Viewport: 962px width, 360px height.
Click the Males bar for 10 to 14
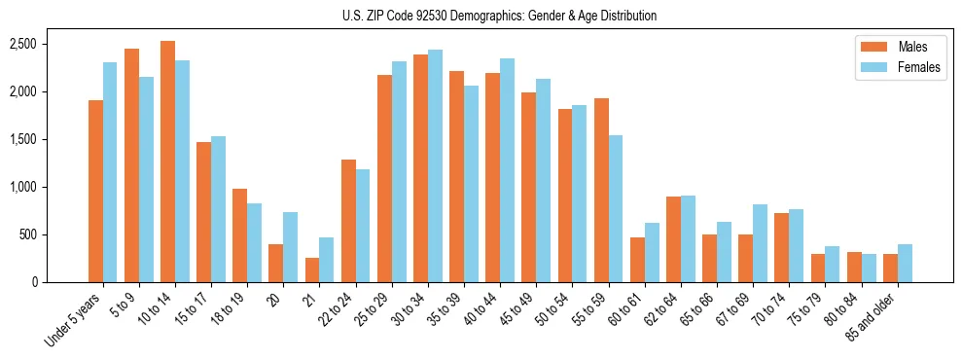click(x=167, y=162)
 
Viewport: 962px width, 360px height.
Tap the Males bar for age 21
click(x=311, y=270)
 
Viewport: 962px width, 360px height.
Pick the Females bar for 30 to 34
click(x=435, y=165)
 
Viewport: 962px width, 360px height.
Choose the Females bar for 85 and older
click(x=905, y=263)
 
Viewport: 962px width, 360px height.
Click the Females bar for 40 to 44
click(x=507, y=170)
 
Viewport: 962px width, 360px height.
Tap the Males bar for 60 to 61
click(x=637, y=260)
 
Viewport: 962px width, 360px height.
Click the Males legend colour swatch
click(x=870, y=47)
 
